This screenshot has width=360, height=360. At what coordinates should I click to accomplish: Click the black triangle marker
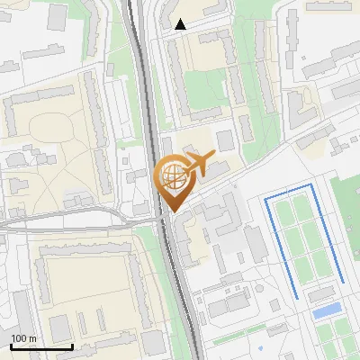181,24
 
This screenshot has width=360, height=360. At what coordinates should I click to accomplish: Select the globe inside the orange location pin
171,175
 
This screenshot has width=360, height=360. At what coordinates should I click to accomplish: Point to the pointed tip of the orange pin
171,211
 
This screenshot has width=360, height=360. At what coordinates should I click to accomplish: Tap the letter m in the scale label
33,338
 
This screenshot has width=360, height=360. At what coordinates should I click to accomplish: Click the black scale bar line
41,346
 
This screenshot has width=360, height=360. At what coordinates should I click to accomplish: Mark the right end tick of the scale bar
73,344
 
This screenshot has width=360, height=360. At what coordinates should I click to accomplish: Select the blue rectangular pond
328,310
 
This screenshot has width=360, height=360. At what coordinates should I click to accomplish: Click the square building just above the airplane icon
224,140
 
